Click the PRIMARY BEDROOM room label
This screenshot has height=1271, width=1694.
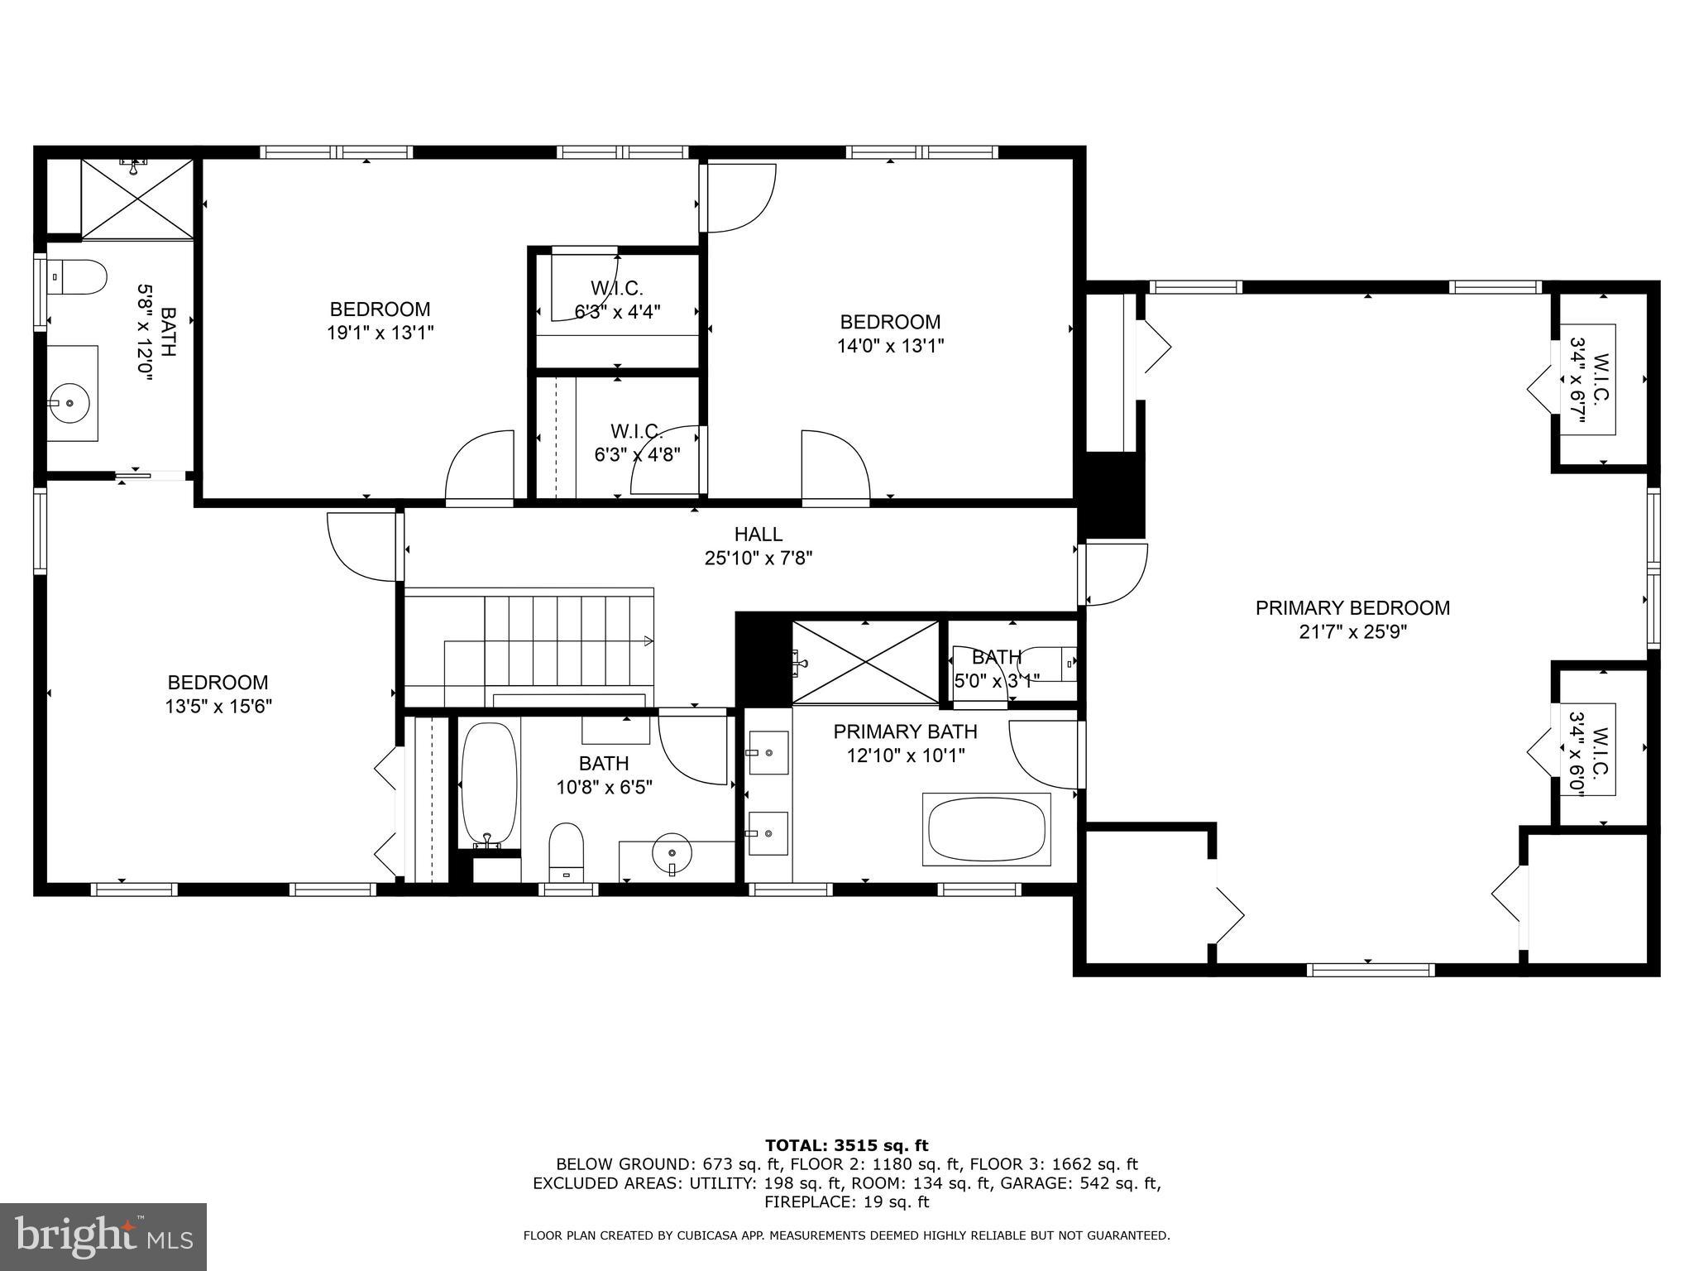[x=1352, y=608]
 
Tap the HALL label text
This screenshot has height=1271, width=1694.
[x=758, y=535]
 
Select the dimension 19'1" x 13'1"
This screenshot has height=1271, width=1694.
[x=380, y=333]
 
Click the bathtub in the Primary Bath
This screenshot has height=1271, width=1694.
[x=986, y=830]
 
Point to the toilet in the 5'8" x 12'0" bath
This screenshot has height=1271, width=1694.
[x=78, y=276]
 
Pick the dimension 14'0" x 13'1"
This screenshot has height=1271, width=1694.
[x=890, y=345]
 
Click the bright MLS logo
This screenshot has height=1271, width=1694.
[x=103, y=1236]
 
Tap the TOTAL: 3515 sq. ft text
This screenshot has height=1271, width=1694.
[x=846, y=1145]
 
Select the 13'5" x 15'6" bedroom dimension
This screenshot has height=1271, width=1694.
[x=218, y=707]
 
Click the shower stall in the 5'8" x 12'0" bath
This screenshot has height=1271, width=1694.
[x=136, y=199]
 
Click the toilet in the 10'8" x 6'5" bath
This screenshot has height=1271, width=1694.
[x=567, y=849]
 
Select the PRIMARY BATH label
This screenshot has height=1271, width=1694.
[x=905, y=731]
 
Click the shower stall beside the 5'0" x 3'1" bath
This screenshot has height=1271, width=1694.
[x=865, y=662]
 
